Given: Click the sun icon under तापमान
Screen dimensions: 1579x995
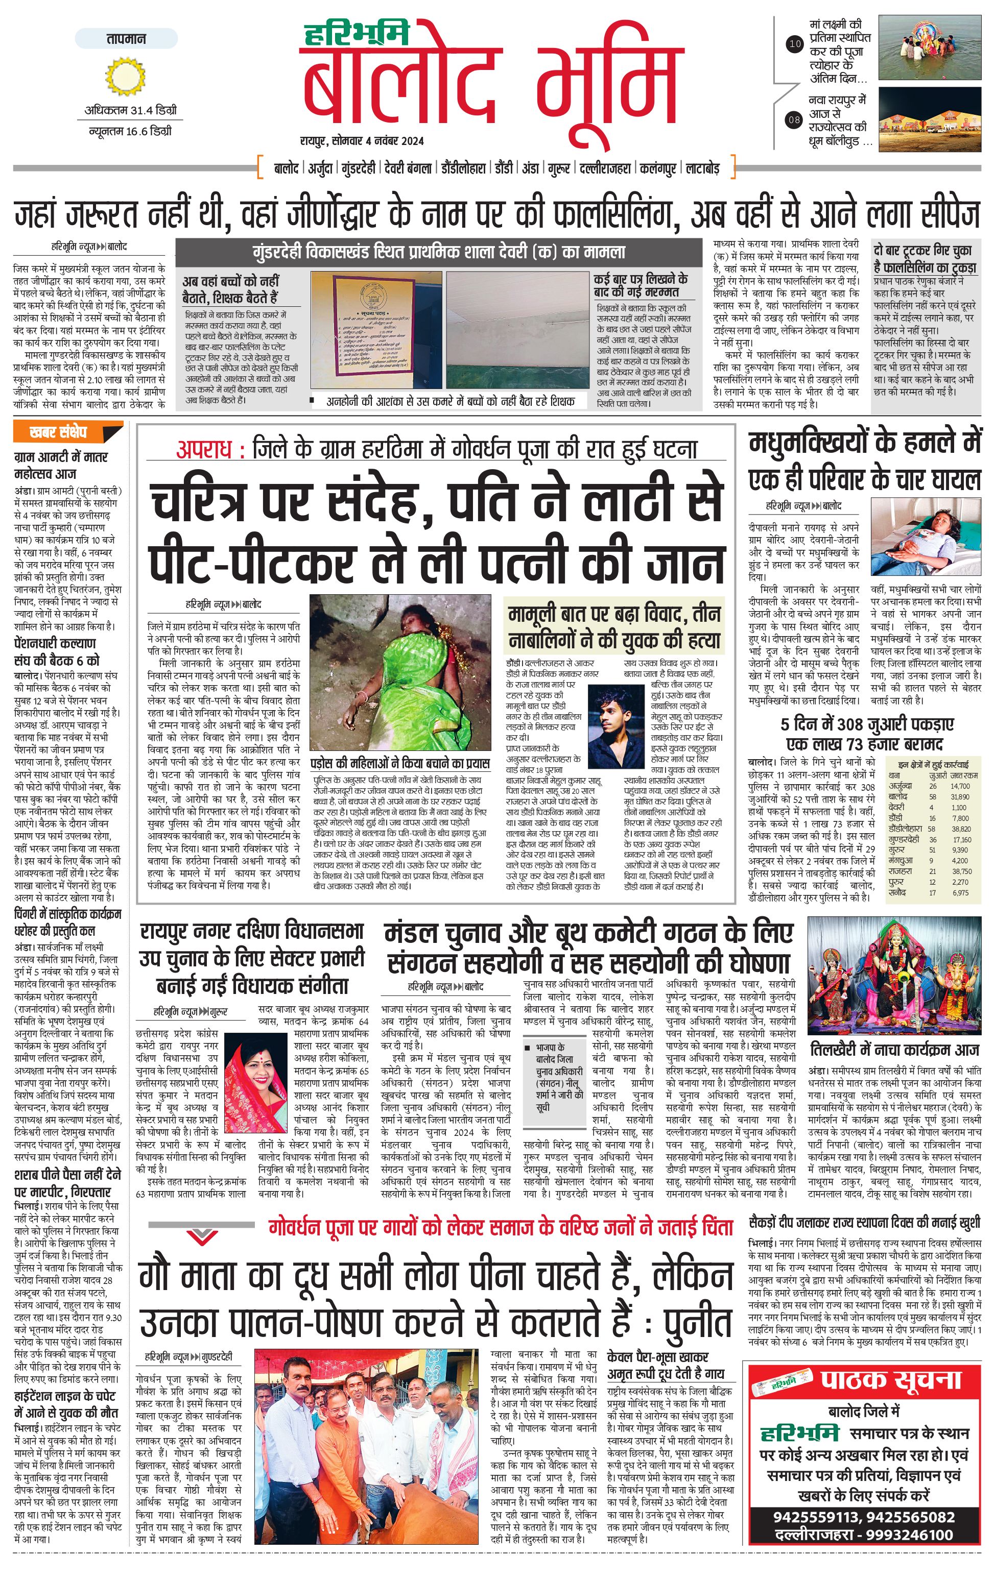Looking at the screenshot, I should (x=125, y=76).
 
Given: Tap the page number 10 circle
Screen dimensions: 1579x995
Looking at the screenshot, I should (x=794, y=44).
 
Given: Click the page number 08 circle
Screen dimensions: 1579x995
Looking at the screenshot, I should (x=794, y=119).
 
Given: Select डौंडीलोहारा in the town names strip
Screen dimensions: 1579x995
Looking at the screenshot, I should (x=462, y=168).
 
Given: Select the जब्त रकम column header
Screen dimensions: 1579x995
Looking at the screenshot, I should (x=963, y=775).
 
